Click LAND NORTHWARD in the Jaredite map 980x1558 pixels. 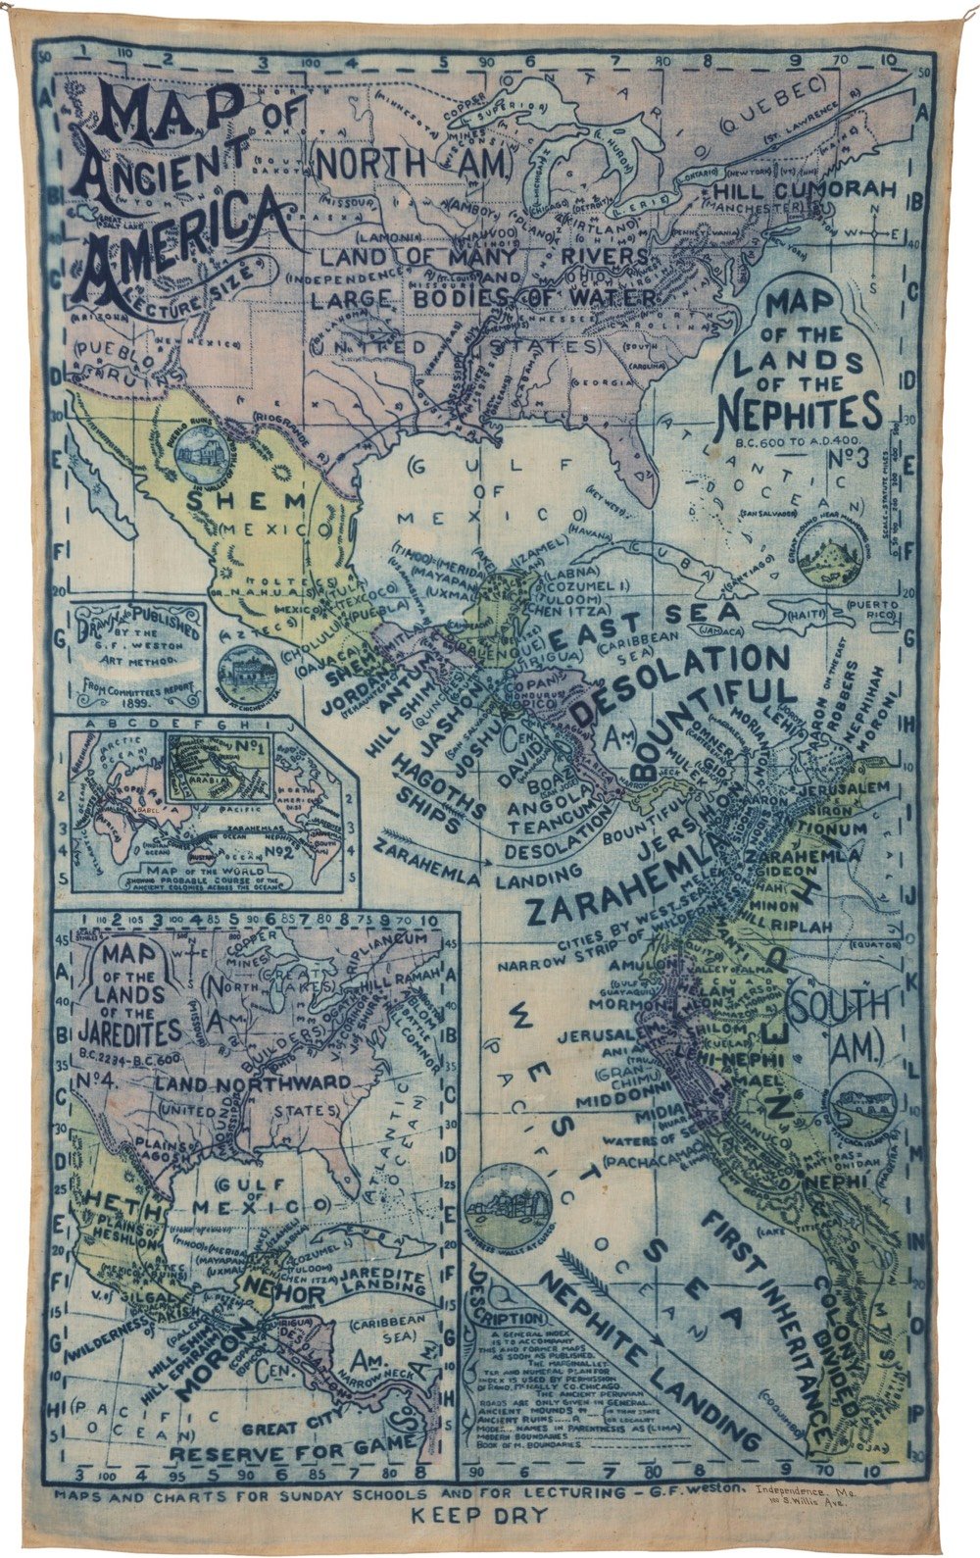click(250, 1082)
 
